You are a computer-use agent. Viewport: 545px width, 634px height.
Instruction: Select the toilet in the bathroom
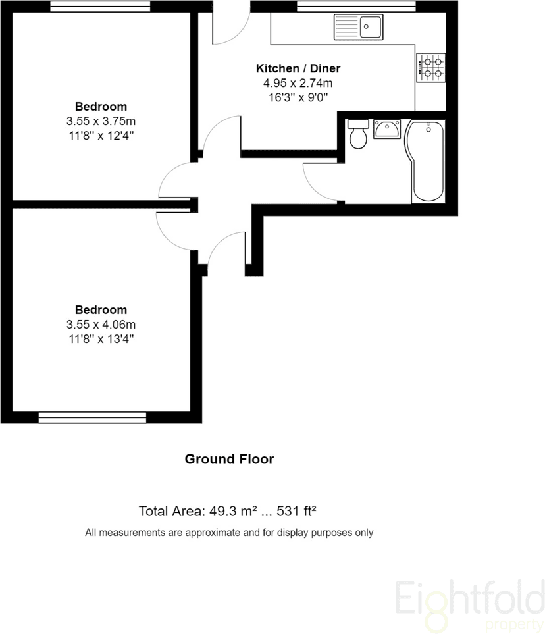[358, 135]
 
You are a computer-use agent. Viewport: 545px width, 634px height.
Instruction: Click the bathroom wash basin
[386, 129]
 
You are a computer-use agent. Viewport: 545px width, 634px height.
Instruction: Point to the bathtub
[426, 161]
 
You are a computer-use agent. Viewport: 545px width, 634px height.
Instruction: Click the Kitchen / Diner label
[298, 68]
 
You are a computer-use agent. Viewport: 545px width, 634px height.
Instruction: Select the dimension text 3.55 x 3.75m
[101, 121]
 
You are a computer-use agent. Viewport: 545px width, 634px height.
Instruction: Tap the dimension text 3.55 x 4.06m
[101, 325]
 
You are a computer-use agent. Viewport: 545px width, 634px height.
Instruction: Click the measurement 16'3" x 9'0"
[298, 97]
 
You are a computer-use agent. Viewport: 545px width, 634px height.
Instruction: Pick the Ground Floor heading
[229, 459]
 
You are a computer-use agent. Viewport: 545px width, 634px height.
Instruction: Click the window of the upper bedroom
[100, 7]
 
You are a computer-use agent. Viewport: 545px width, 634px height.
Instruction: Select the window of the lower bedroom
[92, 417]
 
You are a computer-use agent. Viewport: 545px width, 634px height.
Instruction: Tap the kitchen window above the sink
[356, 7]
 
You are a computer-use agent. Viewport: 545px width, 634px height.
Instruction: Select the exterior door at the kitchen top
[231, 26]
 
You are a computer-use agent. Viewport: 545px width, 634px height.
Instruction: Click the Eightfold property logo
[469, 602]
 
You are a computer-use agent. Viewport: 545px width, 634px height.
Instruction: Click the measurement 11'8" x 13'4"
[101, 339]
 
